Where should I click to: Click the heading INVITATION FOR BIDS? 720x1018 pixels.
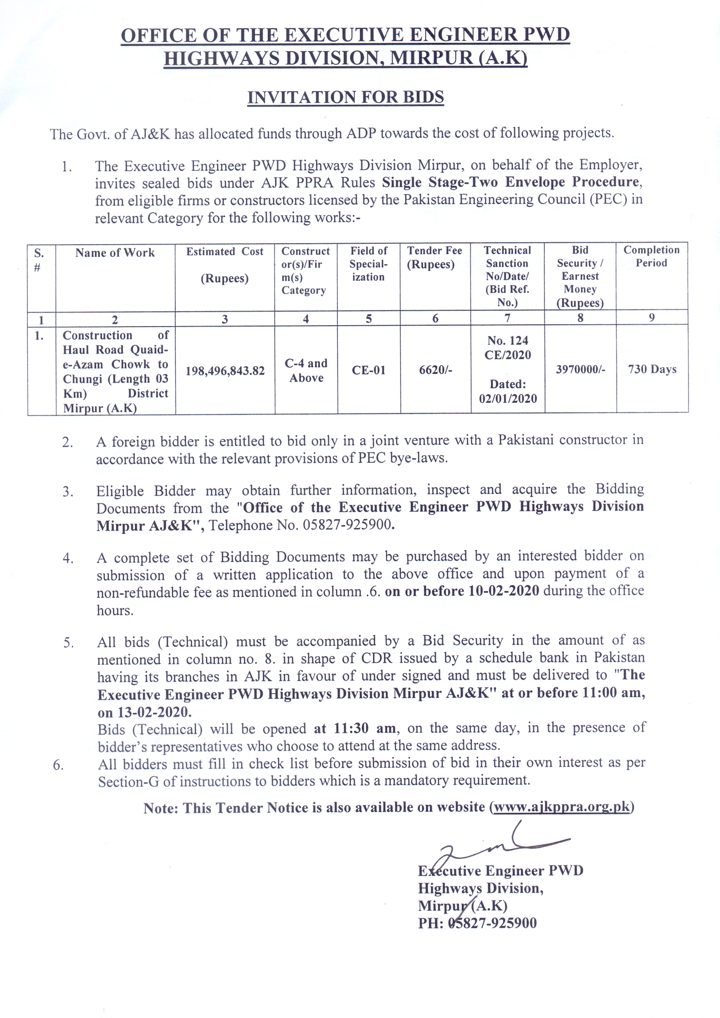pyautogui.click(x=345, y=97)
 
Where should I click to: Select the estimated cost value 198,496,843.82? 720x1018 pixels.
pyautogui.click(x=225, y=371)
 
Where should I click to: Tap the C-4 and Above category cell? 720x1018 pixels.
pyautogui.click(x=306, y=370)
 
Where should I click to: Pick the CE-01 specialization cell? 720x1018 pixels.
pyautogui.click(x=368, y=370)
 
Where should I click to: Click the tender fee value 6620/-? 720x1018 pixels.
pyautogui.click(x=435, y=370)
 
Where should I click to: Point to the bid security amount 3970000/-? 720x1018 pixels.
pyautogui.click(x=580, y=369)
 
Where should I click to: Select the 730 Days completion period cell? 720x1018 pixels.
pyautogui.click(x=652, y=369)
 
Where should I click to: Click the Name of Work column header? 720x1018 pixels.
pyautogui.click(x=115, y=253)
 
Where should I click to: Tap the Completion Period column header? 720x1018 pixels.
pyautogui.click(x=651, y=256)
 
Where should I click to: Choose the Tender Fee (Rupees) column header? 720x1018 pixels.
pyautogui.click(x=434, y=257)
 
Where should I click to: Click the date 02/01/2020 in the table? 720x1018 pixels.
pyautogui.click(x=508, y=399)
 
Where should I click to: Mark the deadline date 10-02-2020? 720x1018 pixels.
pyautogui.click(x=504, y=591)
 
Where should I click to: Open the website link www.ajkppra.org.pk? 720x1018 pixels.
pyautogui.click(x=562, y=807)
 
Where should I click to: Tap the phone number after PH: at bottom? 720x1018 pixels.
pyautogui.click(x=492, y=923)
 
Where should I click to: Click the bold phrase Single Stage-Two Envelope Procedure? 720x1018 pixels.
pyautogui.click(x=511, y=182)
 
